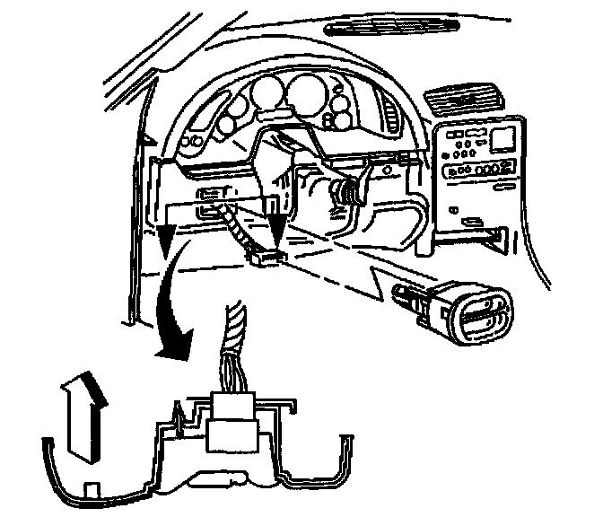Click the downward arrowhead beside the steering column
coord(275,229)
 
